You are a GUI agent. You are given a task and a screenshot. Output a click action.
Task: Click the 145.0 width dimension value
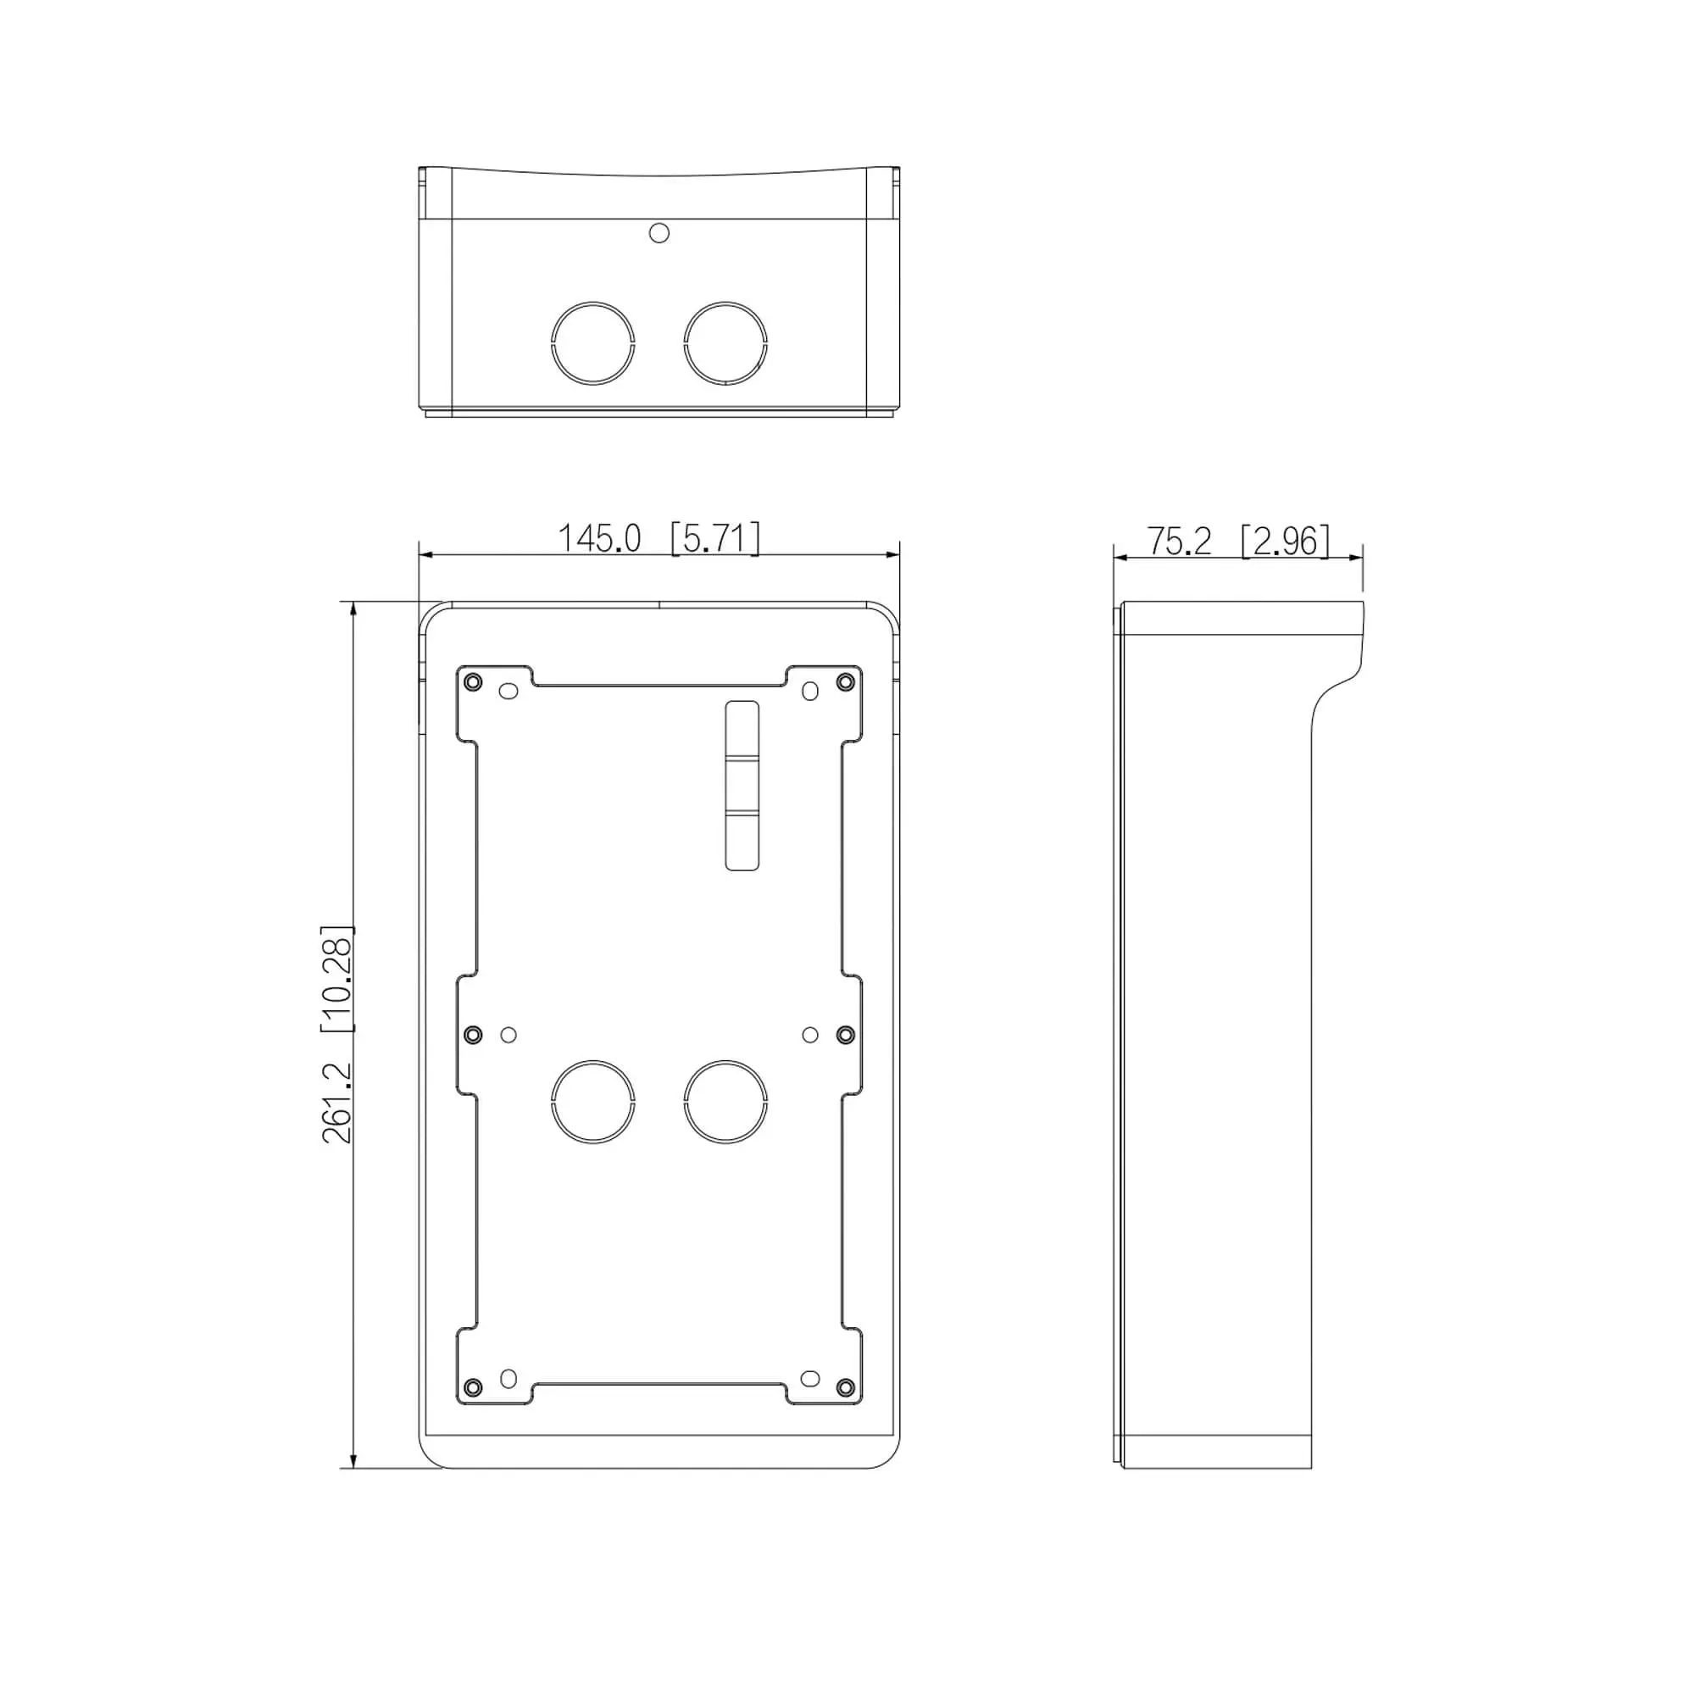[x=599, y=538]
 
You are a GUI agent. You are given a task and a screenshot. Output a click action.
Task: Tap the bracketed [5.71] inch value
[x=715, y=538]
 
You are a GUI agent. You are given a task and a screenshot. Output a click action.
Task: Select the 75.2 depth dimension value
[x=1179, y=542]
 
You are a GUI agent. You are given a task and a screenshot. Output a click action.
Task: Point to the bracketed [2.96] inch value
[x=1286, y=542]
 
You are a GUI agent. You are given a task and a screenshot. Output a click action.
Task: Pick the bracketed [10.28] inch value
[x=338, y=978]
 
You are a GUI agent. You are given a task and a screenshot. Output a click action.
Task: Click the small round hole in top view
[x=659, y=232]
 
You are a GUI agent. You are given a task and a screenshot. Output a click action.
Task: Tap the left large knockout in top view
[x=593, y=343]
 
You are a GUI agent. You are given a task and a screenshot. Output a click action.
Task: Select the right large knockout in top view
[x=725, y=343]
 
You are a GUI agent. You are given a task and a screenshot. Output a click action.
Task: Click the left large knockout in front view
[x=593, y=1102]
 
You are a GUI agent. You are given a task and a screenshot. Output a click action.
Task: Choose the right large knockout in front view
[x=725, y=1102]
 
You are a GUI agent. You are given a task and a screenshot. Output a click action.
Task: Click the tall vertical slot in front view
[x=742, y=786]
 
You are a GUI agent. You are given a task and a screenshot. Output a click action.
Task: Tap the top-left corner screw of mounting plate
[x=472, y=682]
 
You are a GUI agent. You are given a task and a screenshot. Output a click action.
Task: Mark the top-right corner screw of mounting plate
[x=846, y=682]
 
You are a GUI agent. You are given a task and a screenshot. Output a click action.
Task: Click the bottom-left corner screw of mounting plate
[x=472, y=1387]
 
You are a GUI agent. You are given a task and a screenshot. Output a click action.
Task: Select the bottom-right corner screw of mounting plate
[x=846, y=1387]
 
